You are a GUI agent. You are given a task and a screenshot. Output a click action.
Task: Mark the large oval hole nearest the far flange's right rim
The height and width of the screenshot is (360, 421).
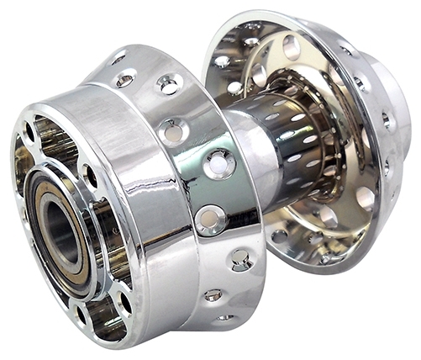(365, 199)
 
